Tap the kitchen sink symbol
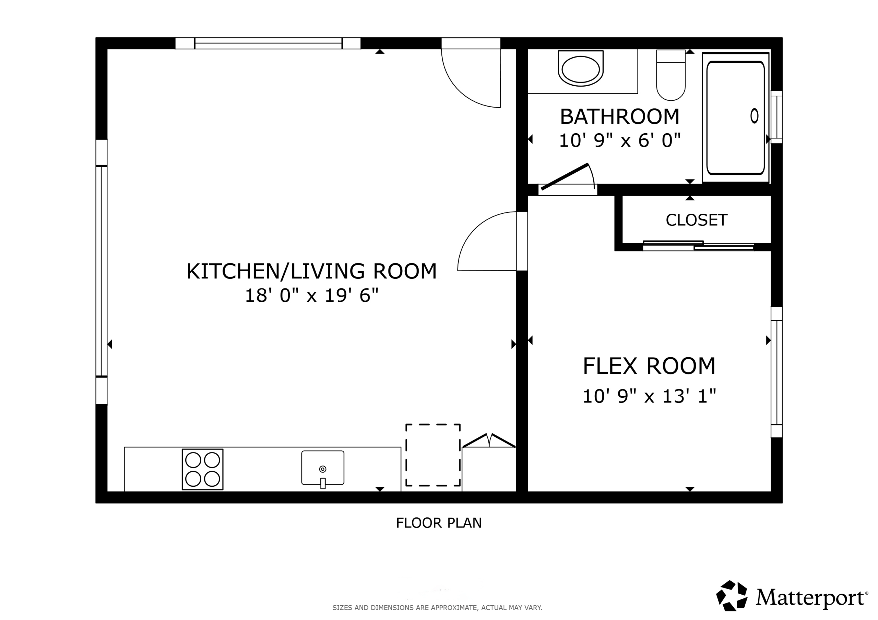(322, 468)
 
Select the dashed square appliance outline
(432, 455)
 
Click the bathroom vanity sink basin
(581, 69)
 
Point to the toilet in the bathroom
(671, 76)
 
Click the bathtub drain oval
(754, 116)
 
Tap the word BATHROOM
(619, 117)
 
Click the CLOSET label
(696, 220)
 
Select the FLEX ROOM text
(649, 366)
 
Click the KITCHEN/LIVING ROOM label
(311, 271)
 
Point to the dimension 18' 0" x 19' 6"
(311, 296)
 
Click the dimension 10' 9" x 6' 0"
(619, 140)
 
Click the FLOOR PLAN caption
(439, 523)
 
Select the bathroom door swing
(570, 178)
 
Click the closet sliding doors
(698, 246)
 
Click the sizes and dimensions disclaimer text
(437, 607)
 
